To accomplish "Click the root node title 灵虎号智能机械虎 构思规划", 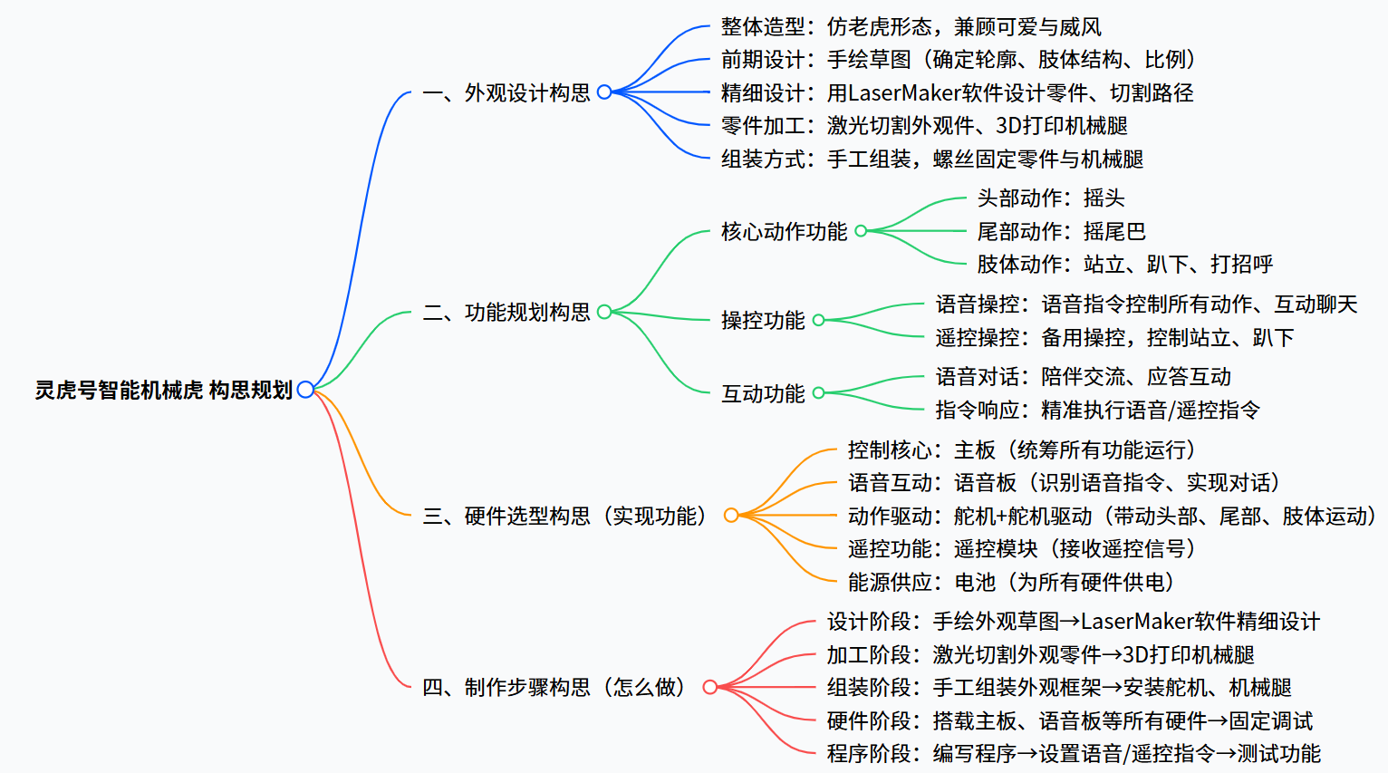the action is pos(164,390).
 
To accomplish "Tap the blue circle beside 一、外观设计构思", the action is pos(604,92).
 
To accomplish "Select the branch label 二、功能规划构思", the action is pos(506,312).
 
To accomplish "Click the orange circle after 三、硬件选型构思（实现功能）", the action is pos(731,515).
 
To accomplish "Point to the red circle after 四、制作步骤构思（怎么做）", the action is pos(710,687).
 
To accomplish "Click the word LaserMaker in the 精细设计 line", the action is pos(904,93).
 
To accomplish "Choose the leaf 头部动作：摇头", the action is pos(1051,198).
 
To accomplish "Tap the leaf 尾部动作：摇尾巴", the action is pos(1062,231).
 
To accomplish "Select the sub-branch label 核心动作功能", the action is pos(784,231).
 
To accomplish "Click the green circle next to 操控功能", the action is pos(818,320).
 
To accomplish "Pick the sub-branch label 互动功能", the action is pos(763,393).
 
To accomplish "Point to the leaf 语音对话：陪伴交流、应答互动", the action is pos(1084,377).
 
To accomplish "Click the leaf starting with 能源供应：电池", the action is pos(1011,582).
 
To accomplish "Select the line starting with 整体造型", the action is pos(911,27).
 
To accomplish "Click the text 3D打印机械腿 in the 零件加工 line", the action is pos(1062,126).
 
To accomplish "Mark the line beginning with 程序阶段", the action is pos(1074,754).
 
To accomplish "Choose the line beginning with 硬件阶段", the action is pos(1069,721).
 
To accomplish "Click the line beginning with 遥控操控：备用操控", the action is pos(1114,338).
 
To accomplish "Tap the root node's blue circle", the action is pos(305,390).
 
